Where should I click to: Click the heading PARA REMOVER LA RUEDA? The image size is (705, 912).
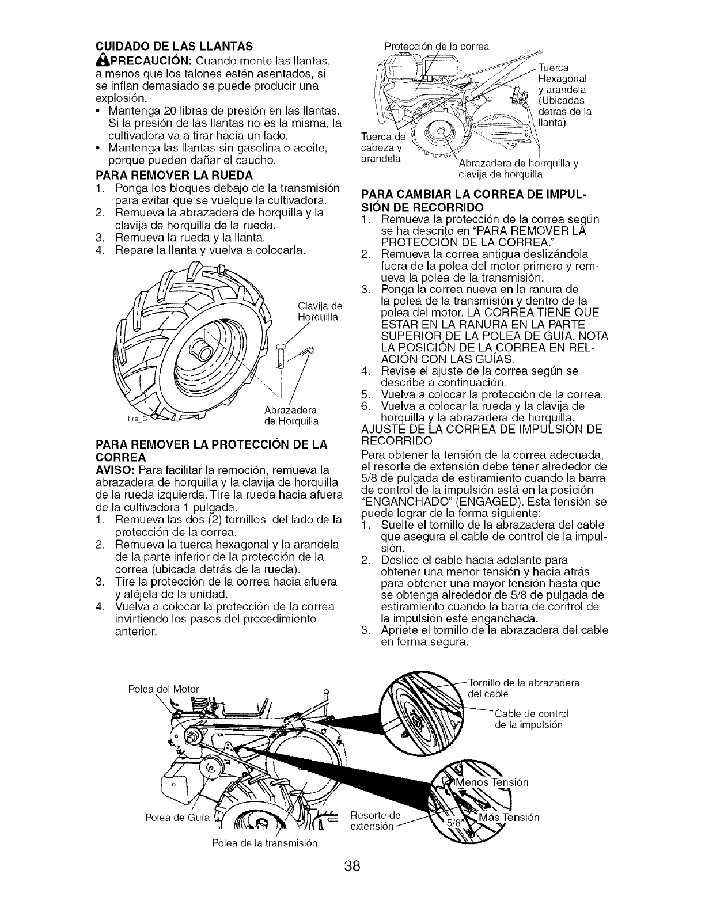coord(165,173)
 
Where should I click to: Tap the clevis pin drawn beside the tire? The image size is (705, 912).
coord(281,351)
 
